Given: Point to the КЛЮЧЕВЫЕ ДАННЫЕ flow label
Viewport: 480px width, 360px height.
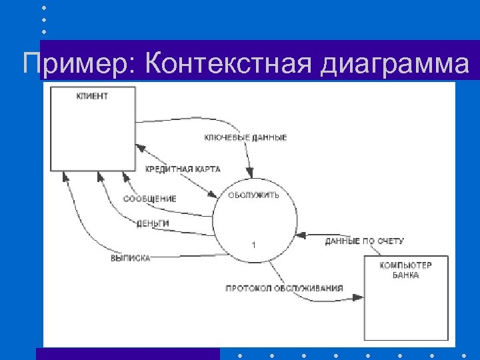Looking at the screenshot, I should [245, 138].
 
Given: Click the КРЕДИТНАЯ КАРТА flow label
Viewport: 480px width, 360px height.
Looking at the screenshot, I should [183, 169].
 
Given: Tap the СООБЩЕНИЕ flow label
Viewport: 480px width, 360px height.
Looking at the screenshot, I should [150, 199].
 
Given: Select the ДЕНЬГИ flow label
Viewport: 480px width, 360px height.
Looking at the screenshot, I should [153, 223].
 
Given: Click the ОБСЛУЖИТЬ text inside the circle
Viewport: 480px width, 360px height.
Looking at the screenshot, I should [254, 195].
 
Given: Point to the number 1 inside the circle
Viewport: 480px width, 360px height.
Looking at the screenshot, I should [253, 245].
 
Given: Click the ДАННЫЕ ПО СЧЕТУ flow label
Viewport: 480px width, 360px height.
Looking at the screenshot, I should [364, 241].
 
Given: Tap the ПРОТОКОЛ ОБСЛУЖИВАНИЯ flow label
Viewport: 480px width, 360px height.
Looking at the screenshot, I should [284, 288].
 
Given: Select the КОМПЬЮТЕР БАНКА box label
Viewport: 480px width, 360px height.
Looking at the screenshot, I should [405, 270].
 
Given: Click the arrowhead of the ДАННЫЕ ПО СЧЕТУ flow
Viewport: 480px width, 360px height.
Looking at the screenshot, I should [301, 235].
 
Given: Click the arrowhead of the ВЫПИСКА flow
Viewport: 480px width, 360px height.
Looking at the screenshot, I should [65, 175].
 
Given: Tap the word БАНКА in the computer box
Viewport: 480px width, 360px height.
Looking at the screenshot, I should [405, 275].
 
